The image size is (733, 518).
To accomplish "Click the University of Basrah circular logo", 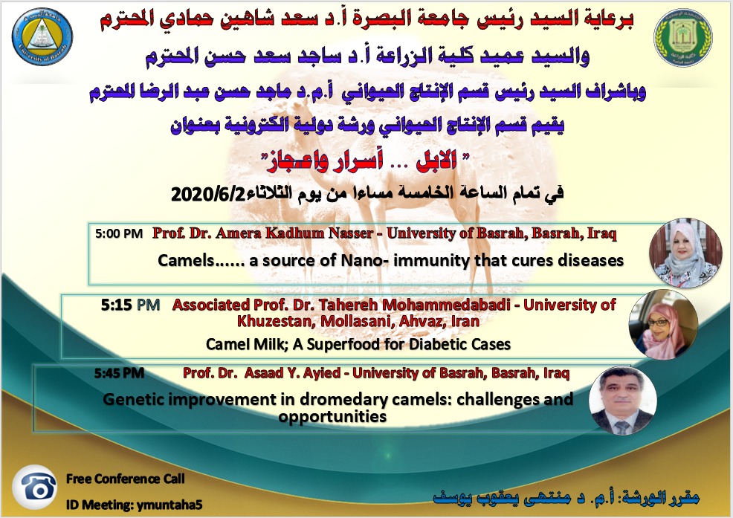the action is coord(42,36).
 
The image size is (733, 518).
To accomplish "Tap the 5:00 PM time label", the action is coord(119,233).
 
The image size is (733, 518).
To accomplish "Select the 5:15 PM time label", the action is coord(130,305).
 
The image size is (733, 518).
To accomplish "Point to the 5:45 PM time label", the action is coord(119,373).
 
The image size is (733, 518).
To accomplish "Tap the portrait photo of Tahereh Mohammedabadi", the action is coord(663,325).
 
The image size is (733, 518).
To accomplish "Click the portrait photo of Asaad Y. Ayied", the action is coord(623,400).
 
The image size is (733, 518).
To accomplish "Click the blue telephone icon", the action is coord(35,487).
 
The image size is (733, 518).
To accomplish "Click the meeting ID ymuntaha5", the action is coord(168,505).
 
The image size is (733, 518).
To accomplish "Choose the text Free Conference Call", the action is coord(126,479).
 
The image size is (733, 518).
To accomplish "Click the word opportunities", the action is coord(332,416).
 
